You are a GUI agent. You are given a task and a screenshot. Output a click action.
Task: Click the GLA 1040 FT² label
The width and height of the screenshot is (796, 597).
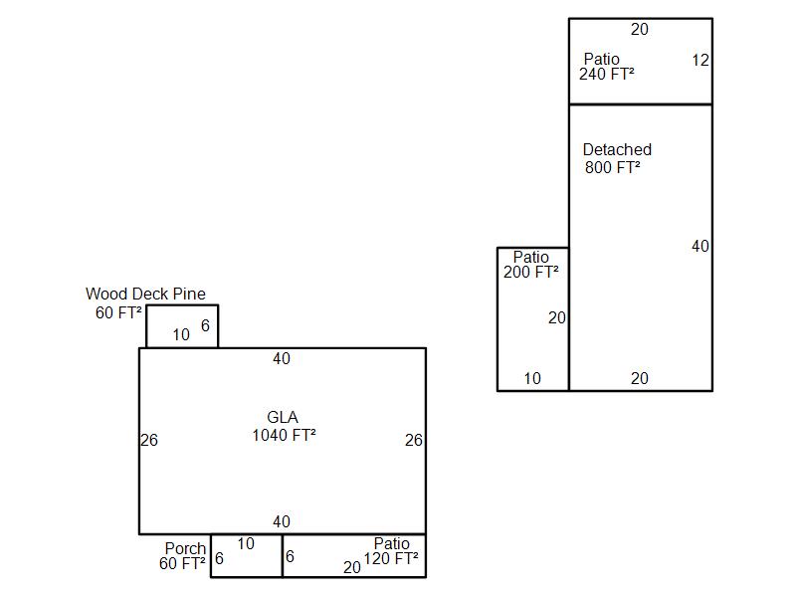pyautogui.click(x=284, y=426)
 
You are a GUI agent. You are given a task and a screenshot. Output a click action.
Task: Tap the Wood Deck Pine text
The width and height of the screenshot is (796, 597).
pyautogui.click(x=145, y=294)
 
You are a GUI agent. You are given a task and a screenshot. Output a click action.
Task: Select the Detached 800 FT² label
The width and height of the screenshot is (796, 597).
pyautogui.click(x=617, y=158)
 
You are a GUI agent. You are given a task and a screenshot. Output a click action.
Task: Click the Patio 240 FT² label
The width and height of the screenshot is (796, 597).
pyautogui.click(x=607, y=67)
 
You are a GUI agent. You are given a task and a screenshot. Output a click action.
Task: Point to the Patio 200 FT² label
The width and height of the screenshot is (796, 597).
pyautogui.click(x=531, y=265)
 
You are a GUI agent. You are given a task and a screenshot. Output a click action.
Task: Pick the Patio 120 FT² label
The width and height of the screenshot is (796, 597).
pyautogui.click(x=391, y=551)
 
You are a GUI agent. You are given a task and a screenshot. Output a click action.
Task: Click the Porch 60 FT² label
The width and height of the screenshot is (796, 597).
pyautogui.click(x=182, y=556)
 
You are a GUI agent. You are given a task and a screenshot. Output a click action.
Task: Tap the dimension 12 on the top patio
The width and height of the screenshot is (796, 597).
pyautogui.click(x=700, y=61)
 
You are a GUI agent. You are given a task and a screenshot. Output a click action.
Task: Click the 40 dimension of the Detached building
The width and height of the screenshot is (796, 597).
pyautogui.click(x=700, y=246)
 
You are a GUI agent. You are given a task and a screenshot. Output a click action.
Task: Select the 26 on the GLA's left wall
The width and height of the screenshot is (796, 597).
pyautogui.click(x=149, y=440)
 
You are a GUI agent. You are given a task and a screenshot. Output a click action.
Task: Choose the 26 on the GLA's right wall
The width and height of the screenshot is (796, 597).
pyautogui.click(x=414, y=440)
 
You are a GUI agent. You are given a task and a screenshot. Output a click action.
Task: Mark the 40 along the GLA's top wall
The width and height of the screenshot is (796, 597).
pyautogui.click(x=282, y=358)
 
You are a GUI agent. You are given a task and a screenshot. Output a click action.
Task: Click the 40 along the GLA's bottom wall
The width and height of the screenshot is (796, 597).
pyautogui.click(x=282, y=521)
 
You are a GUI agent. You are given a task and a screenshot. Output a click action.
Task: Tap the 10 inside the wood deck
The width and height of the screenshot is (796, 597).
pyautogui.click(x=181, y=334)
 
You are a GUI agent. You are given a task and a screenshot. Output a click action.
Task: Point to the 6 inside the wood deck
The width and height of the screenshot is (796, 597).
pyautogui.click(x=205, y=325)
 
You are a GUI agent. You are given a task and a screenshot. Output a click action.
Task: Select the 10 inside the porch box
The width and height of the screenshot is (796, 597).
pyautogui.click(x=246, y=543)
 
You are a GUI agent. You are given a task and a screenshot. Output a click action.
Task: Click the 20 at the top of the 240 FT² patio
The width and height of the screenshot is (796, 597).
pyautogui.click(x=640, y=30)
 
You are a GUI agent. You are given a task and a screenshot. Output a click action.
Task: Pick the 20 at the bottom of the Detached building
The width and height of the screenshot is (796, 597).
pyautogui.click(x=640, y=378)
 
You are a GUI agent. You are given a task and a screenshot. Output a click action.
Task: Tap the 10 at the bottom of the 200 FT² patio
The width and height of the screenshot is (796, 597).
pyautogui.click(x=532, y=378)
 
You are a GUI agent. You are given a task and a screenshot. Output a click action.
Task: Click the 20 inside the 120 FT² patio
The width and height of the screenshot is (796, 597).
pyautogui.click(x=352, y=567)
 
